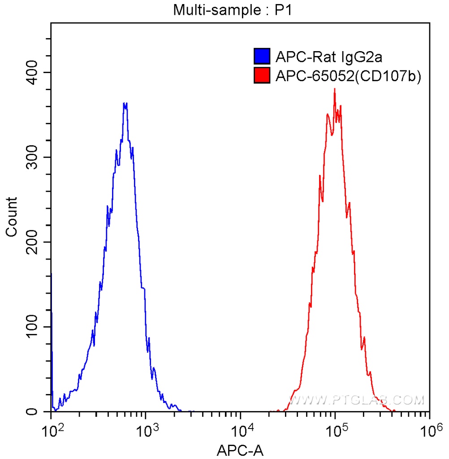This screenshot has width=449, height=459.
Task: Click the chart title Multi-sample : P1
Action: pyautogui.click(x=233, y=9)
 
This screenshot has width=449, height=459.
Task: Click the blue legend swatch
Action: pyautogui.click(x=262, y=57)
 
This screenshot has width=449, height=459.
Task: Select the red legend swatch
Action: pyautogui.click(x=262, y=76)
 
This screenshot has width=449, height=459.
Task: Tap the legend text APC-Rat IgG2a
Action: pyautogui.click(x=328, y=57)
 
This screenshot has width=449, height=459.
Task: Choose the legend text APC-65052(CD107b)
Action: pyautogui.click(x=348, y=76)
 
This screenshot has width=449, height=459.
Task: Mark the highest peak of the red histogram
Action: pyautogui.click(x=334, y=89)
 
